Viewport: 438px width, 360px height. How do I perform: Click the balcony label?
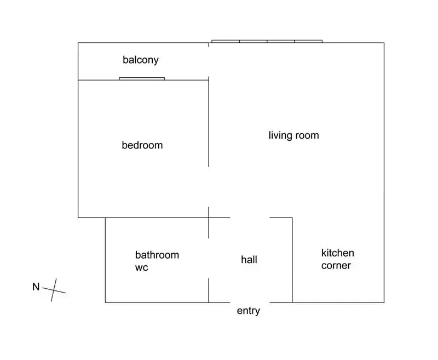point(141,60)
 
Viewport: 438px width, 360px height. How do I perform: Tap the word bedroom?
point(142,145)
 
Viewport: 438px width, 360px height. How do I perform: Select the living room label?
point(293,135)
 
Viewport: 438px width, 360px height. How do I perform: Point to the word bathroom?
point(157,255)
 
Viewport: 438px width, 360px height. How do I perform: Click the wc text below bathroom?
point(141,268)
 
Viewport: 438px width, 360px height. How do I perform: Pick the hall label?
point(249,260)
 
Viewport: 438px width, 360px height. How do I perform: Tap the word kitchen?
point(337,253)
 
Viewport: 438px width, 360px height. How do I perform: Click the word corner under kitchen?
point(336,266)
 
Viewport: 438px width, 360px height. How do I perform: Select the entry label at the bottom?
point(249,311)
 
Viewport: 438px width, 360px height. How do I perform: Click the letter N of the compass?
point(36,287)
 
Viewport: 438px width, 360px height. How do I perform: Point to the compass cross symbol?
point(54,290)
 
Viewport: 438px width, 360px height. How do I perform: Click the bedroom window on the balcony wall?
point(142,79)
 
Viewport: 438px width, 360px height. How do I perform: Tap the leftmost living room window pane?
point(226,41)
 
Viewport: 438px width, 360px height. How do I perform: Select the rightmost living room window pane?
point(308,41)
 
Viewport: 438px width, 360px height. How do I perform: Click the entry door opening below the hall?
point(250,302)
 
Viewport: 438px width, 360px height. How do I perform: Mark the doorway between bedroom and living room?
point(209,187)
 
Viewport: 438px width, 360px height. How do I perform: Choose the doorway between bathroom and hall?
point(209,258)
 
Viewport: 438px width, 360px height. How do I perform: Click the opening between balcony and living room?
point(209,62)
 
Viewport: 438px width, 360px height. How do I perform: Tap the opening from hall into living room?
point(250,218)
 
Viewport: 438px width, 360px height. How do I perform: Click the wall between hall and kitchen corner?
point(292,260)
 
